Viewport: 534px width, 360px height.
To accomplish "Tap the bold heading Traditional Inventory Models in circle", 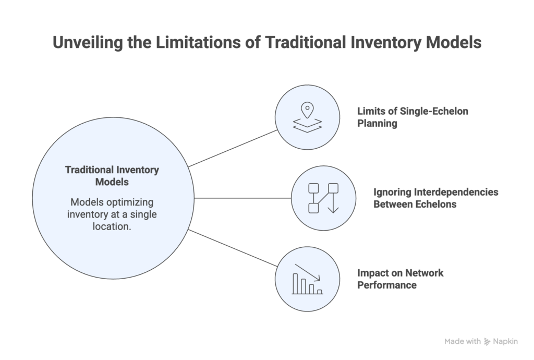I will click(112, 176).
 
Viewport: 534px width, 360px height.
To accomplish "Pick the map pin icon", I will click(307, 110).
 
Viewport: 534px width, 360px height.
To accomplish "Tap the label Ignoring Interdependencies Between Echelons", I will click(435, 198).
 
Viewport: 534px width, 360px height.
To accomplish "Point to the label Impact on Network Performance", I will click(399, 279).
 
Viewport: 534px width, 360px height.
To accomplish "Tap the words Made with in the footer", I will click(463, 342).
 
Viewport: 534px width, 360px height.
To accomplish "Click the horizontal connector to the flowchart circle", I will click(243, 198).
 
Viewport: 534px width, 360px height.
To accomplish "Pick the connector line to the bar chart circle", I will click(233, 248).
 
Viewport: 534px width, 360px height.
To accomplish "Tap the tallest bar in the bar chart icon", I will click(295, 283).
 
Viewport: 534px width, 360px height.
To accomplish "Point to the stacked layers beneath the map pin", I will click(307, 126).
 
